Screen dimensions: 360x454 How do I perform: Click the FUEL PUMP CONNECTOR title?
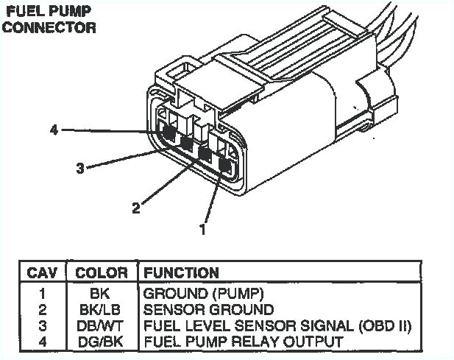[50, 21]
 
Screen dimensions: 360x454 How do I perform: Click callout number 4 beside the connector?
[54, 130]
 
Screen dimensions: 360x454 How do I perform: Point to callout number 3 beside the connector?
[79, 168]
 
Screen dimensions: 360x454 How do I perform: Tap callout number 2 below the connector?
[135, 208]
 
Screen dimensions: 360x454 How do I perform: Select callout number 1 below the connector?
[202, 229]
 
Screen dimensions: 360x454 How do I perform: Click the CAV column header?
[42, 273]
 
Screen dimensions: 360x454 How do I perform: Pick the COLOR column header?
[102, 273]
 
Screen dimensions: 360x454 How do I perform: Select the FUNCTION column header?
[181, 273]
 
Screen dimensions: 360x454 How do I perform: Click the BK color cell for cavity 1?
[102, 293]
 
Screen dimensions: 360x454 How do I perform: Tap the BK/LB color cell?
[102, 309]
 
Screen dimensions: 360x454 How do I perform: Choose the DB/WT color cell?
[102, 325]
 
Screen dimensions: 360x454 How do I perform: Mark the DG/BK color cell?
[102, 342]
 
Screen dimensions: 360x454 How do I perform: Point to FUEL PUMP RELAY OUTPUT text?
[243, 342]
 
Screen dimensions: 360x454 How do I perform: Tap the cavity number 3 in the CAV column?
[42, 325]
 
